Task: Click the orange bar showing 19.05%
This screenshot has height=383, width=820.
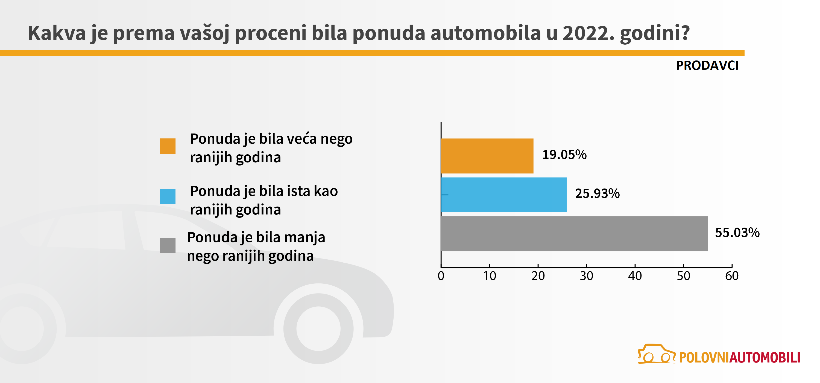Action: pyautogui.click(x=487, y=156)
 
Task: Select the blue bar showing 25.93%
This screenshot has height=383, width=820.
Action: pyautogui.click(x=503, y=195)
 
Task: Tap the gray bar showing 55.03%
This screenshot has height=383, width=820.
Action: pyautogui.click(x=574, y=234)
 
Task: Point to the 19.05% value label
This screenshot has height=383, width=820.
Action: pyautogui.click(x=564, y=155)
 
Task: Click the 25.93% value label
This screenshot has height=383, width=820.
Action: pyautogui.click(x=597, y=194)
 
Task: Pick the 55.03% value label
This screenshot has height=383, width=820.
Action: pyautogui.click(x=737, y=233)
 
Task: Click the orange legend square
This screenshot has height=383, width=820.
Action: pyautogui.click(x=168, y=146)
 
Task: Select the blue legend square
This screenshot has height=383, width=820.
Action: pyautogui.click(x=168, y=197)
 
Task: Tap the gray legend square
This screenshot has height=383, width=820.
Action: pyautogui.click(x=168, y=245)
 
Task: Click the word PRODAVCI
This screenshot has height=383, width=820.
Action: pyautogui.click(x=707, y=66)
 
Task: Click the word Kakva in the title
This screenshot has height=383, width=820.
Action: pyautogui.click(x=57, y=33)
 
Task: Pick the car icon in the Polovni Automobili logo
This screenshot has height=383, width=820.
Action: pyautogui.click(x=656, y=354)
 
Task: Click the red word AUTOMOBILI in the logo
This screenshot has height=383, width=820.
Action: pyautogui.click(x=765, y=358)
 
